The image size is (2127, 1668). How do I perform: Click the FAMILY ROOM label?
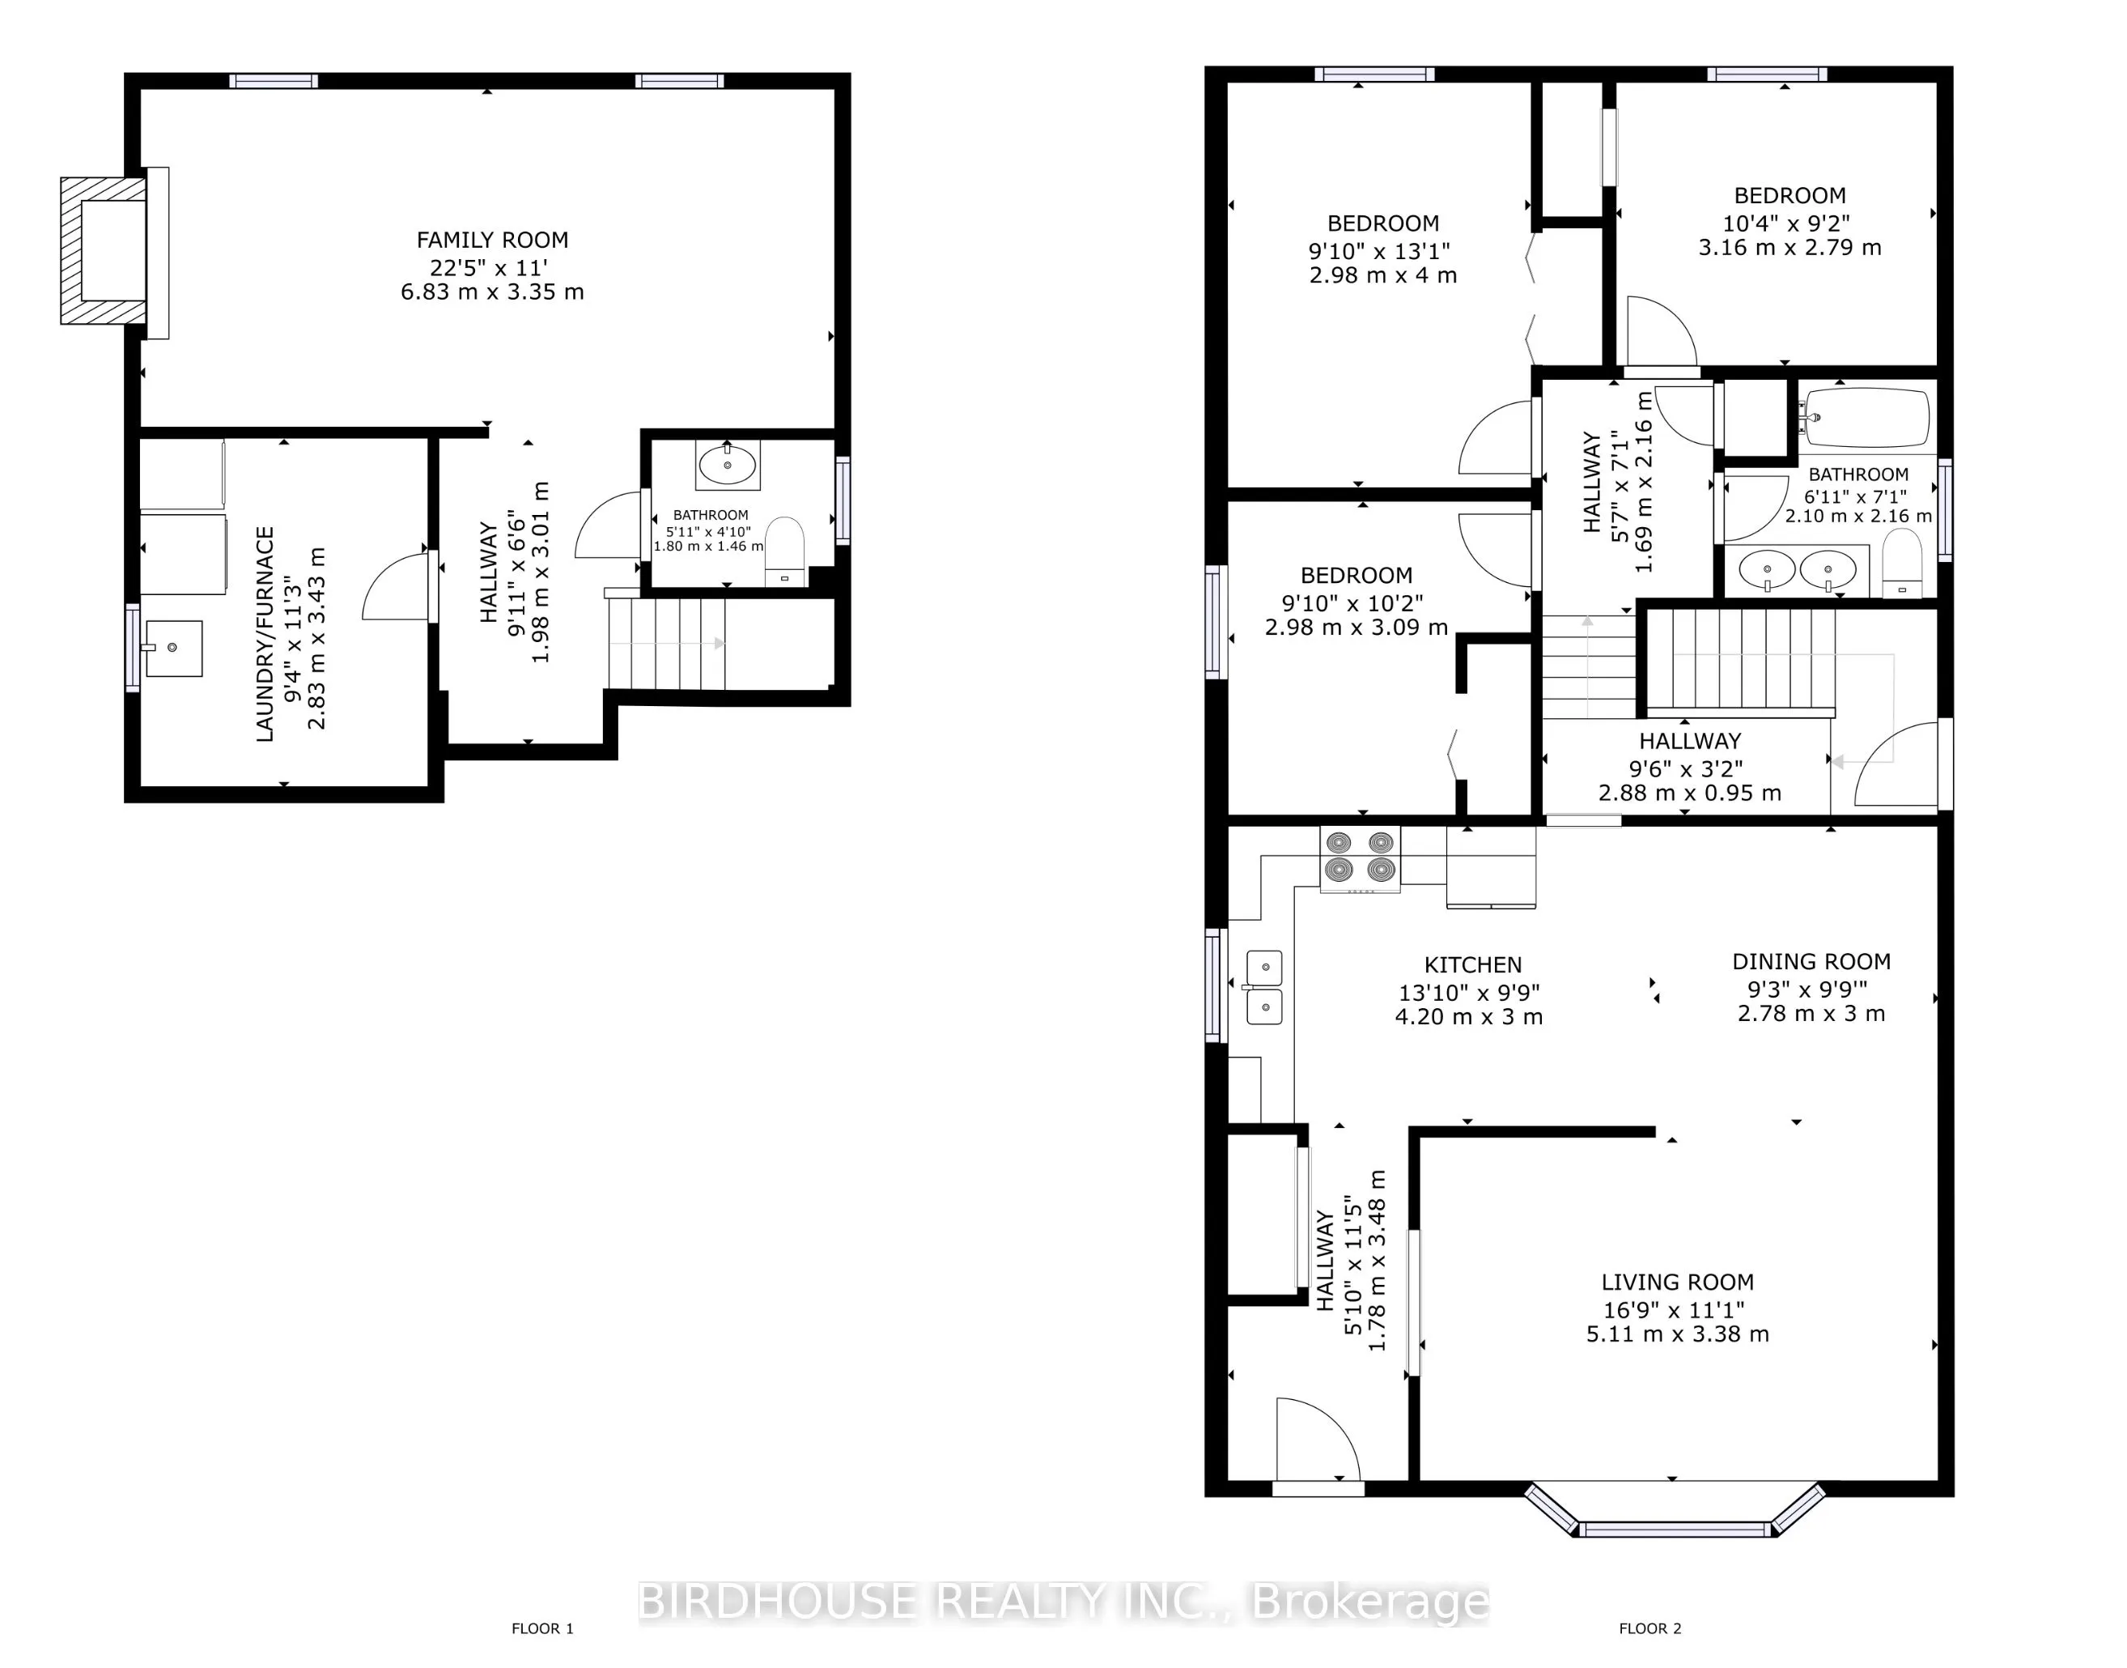point(492,240)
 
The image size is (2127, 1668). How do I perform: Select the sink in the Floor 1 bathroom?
point(728,465)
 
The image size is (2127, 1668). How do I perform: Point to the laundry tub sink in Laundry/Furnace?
point(174,648)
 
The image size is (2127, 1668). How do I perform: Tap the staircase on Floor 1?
point(667,644)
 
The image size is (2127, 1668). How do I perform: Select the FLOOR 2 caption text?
point(1649,1628)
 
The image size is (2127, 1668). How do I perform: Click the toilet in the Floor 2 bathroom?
point(1900,564)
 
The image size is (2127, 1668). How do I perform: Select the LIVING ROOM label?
point(1677,1283)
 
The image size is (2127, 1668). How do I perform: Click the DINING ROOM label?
point(1811,962)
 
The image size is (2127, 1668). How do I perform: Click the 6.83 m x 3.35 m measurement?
point(492,292)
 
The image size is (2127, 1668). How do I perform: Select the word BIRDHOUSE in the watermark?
point(777,1602)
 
